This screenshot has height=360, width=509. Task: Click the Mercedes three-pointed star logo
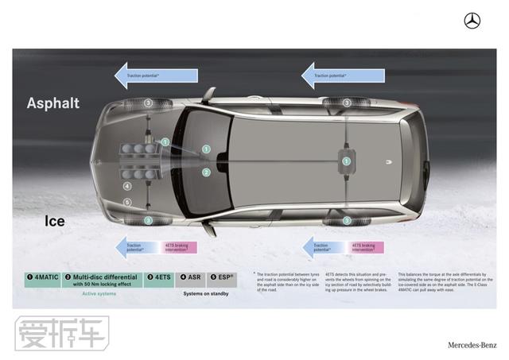(472, 21)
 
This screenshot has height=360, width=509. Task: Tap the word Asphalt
(53, 103)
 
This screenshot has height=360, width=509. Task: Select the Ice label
(55, 222)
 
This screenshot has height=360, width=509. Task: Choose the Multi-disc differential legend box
(101, 280)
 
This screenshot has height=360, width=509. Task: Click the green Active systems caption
(100, 293)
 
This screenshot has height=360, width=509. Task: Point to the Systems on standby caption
(206, 293)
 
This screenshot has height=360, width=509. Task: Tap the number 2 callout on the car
(206, 172)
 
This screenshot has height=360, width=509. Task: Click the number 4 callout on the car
(127, 188)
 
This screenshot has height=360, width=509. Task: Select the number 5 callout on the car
(127, 203)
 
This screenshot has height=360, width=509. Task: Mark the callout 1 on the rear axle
(346, 161)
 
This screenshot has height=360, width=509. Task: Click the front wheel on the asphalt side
(148, 104)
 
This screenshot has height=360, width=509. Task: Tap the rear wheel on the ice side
(347, 220)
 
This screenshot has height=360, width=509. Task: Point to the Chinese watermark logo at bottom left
(61, 333)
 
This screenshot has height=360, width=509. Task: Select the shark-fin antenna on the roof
(389, 162)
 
